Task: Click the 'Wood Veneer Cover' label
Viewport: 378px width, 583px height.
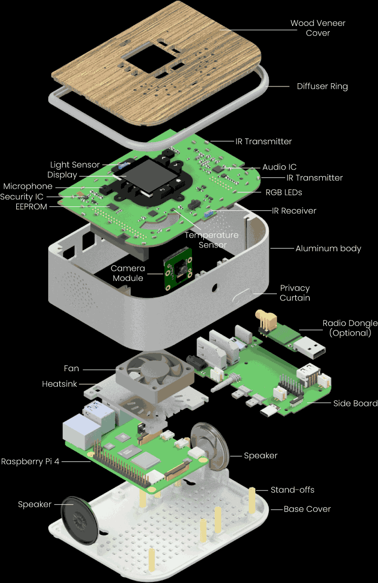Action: pyautogui.click(x=317, y=28)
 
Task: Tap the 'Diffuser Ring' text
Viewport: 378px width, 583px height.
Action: pyautogui.click(x=322, y=86)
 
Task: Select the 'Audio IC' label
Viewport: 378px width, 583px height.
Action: pyautogui.click(x=279, y=167)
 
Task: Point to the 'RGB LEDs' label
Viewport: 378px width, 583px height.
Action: pyautogui.click(x=283, y=192)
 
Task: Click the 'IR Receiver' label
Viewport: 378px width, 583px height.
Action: pyautogui.click(x=295, y=211)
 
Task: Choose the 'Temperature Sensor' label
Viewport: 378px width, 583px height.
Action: pyautogui.click(x=211, y=240)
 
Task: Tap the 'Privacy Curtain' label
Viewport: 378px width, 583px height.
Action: pyautogui.click(x=295, y=293)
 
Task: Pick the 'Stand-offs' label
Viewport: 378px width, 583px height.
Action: pyautogui.click(x=293, y=490)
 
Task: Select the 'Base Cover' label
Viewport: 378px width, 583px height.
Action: pyautogui.click(x=307, y=509)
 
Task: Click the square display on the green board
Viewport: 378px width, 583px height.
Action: pyautogui.click(x=152, y=174)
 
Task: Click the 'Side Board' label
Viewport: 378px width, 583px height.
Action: pyautogui.click(x=355, y=404)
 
